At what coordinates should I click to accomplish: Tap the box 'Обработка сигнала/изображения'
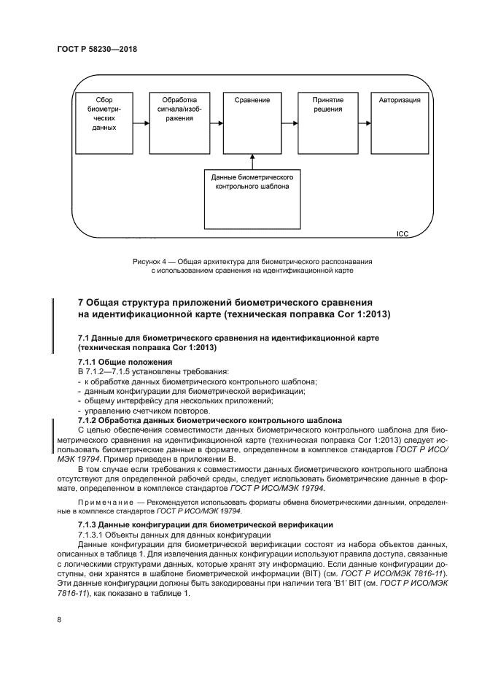coord(178,122)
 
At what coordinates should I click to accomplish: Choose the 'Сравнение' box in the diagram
coord(252,122)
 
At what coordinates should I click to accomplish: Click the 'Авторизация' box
coord(399,122)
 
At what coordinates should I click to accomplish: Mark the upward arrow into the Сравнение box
coord(252,162)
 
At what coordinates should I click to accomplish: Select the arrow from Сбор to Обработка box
coord(141,123)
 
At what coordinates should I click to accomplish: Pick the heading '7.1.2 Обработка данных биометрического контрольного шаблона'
coord(209,421)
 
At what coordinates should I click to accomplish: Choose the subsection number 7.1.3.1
coord(93,535)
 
